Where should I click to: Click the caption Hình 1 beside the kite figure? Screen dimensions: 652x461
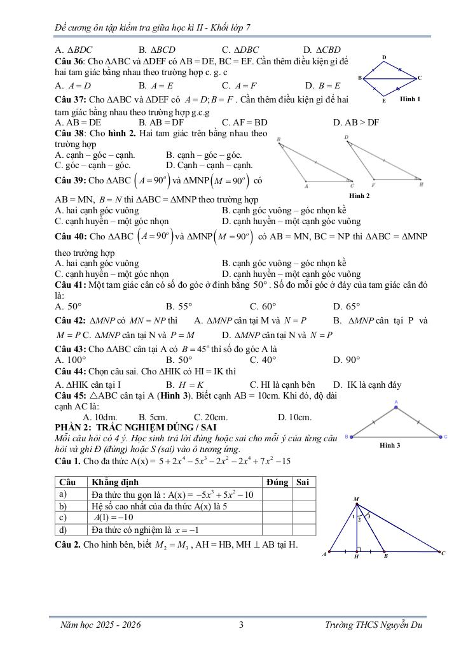coord(410,99)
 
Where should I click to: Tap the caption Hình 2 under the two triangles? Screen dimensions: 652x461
coord(360,195)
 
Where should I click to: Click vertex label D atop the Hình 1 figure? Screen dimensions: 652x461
coord(384,58)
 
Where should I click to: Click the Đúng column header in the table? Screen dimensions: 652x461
coord(277,483)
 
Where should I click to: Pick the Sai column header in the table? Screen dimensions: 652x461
coord(303,483)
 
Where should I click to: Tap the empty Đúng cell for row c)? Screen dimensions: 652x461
coord(277,518)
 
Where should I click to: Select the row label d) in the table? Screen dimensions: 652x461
coord(63,529)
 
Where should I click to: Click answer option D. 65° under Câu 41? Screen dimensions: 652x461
coord(347,306)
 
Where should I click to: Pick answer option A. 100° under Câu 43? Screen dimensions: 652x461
coord(71,359)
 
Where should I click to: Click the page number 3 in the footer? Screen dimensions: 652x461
coord(241,625)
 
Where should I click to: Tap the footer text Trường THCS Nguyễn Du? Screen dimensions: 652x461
coord(373,625)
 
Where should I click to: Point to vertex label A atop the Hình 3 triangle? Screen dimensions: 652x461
coord(396,402)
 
